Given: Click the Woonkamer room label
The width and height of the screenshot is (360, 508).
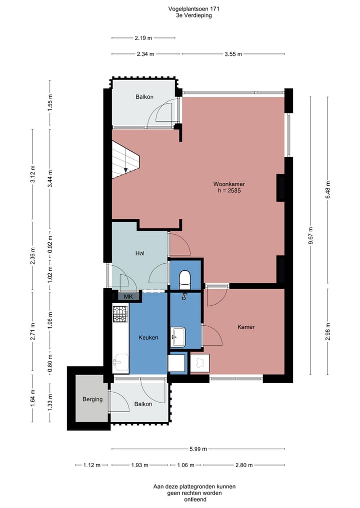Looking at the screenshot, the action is (228, 184).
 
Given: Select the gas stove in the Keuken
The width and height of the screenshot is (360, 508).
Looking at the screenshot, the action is (120, 314).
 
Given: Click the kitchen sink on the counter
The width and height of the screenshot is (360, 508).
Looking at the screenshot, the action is (120, 362).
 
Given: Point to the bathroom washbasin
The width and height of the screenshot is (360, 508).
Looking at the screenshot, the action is (177, 337).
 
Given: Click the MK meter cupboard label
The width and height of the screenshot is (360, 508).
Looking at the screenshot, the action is (128, 296).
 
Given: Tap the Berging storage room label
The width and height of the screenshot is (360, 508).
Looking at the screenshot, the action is (92, 399).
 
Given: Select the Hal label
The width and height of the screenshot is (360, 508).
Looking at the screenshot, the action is (140, 253).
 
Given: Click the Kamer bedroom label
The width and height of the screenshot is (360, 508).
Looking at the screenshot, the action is (246, 327).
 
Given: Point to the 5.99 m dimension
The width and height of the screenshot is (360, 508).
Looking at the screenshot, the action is (198, 449).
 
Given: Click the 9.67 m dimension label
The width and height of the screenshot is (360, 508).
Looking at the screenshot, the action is (310, 236).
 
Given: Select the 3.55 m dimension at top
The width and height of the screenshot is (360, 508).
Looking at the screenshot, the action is (233, 54).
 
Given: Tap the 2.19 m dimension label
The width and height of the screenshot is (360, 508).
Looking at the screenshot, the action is (143, 38).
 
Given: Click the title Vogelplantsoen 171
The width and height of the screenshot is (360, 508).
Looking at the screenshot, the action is (193, 9).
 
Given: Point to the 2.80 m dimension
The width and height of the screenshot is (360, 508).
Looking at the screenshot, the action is (244, 465).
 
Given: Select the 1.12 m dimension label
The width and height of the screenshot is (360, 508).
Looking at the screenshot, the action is (92, 465).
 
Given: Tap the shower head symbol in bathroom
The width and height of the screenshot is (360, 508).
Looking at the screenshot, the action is (184, 296).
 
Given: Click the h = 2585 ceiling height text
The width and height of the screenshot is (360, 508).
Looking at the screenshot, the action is (229, 190).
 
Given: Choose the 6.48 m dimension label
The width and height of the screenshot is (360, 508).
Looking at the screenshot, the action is (327, 190).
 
